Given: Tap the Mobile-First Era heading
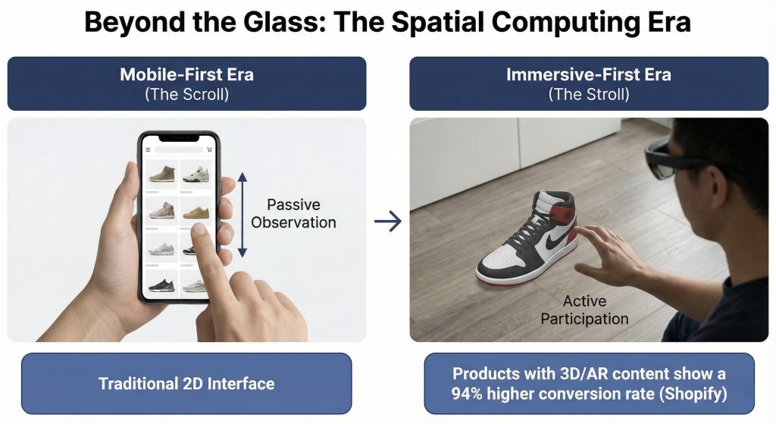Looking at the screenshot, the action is click(x=186, y=74).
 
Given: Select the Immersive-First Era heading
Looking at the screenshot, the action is click(x=588, y=74).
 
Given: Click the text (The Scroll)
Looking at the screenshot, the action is click(x=186, y=94).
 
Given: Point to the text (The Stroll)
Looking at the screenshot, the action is click(x=588, y=94).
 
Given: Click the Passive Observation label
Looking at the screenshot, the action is click(x=293, y=213).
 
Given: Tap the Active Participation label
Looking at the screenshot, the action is click(x=584, y=309).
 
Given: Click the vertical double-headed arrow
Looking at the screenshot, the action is click(x=242, y=215).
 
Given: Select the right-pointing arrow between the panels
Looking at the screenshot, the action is click(x=388, y=221).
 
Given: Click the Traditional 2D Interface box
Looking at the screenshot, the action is click(x=186, y=383).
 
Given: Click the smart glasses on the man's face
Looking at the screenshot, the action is click(x=665, y=157).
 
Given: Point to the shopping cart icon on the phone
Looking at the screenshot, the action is click(x=209, y=149).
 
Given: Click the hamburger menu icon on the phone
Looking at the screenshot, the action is click(x=148, y=149).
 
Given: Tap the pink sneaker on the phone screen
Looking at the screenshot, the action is click(x=162, y=211).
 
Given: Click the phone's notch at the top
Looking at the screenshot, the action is click(x=178, y=138).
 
